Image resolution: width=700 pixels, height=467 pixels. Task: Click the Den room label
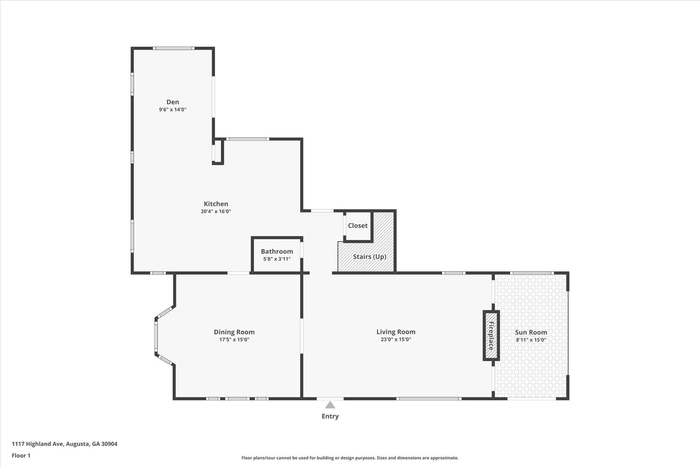pos(173,102)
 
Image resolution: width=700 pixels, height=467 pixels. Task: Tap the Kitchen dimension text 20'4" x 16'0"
pos(216,211)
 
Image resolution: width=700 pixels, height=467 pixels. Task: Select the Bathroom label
pos(277,251)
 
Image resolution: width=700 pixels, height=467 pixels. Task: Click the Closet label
pos(358,225)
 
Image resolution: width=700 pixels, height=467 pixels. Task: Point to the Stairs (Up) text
pos(369,257)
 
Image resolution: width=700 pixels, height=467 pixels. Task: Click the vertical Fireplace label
pos(491,336)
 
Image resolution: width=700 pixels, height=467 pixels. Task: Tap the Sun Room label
pos(531,332)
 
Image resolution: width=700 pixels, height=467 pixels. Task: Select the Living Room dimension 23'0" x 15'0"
pos(396,339)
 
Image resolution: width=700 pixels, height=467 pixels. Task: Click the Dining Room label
pos(234,332)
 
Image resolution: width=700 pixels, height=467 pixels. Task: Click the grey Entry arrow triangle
pos(330,405)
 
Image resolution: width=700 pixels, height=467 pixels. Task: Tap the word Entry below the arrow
pos(330,416)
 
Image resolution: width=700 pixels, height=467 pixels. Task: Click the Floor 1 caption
pos(21,456)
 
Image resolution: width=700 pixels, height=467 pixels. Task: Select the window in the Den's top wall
pos(174,48)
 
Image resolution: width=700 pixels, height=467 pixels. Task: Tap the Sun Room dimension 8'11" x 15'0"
pos(531,340)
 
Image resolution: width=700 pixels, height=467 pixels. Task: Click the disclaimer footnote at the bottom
pos(350,458)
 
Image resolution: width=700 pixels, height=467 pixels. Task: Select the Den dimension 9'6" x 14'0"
pos(173,109)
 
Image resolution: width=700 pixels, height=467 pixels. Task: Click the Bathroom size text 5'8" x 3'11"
pos(277,259)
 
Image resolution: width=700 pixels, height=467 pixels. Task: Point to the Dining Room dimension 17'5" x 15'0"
pos(234,339)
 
